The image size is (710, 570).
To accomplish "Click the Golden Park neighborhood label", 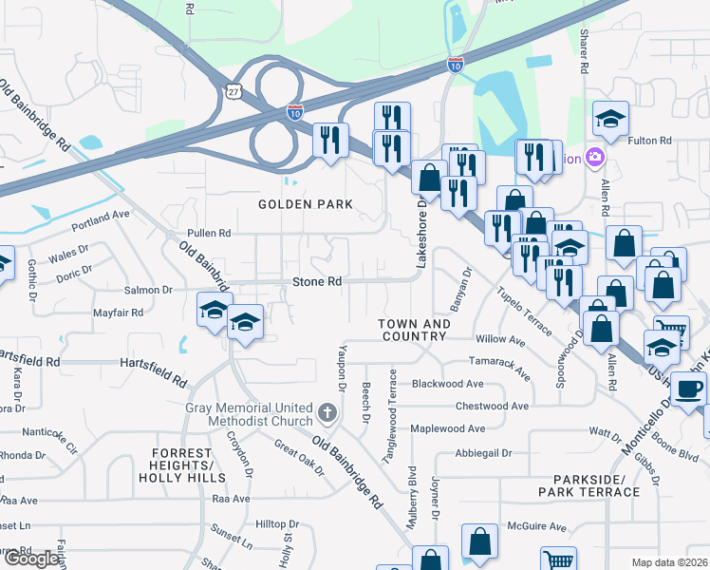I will coord(307,204).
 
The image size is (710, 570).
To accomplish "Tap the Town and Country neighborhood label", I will coord(415,330).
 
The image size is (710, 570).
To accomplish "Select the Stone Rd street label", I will coord(317,282).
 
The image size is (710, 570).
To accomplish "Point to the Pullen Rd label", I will coord(210,233).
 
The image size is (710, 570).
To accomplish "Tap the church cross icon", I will coord(327,412).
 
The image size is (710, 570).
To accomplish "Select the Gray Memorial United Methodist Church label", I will coord(249,414).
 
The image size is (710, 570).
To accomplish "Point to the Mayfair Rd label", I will coord(118,312).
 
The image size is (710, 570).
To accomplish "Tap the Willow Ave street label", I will coord(500,339).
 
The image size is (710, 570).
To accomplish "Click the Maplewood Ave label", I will coord(447,428).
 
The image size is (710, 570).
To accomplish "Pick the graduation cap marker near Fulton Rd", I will coord(610,118).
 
